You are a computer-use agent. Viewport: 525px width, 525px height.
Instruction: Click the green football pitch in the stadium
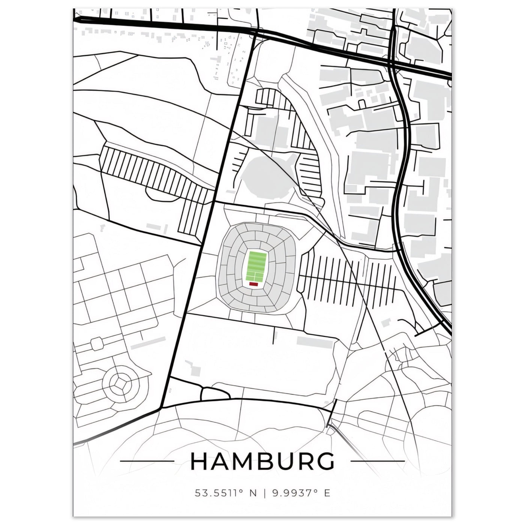pos(256,266)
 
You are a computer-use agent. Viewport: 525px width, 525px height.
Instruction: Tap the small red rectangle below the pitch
pos(254,284)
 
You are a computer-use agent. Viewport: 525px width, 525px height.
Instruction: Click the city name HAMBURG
pos(262,461)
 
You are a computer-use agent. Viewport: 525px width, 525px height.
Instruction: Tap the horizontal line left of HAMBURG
pos(146,461)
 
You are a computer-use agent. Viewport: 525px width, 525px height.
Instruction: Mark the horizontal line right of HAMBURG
pos(377,461)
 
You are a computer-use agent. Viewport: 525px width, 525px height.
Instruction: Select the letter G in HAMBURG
pos(325,461)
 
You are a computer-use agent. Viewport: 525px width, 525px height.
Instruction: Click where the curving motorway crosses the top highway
pos(392,64)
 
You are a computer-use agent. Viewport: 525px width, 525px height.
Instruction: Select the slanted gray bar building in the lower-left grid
pos(148,342)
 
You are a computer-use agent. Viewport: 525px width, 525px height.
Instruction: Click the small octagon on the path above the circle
pos(96,342)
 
